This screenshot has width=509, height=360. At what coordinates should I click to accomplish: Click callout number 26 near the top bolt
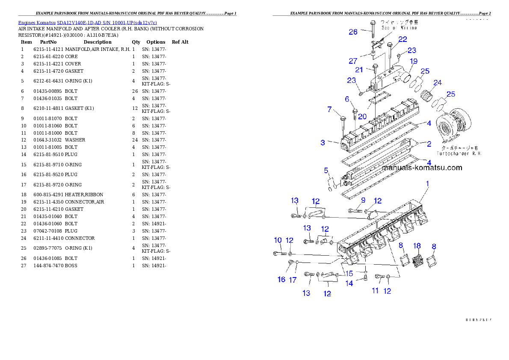(x=353, y=32)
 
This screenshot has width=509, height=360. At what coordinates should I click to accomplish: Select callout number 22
(x=403, y=39)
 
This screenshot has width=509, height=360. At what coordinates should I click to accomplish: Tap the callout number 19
(x=414, y=62)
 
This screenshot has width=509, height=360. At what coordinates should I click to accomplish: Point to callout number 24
(x=438, y=83)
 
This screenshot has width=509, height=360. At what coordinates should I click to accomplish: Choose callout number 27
(x=353, y=61)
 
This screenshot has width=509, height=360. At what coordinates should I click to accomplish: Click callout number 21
(x=359, y=70)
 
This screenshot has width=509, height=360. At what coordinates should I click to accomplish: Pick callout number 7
(x=330, y=109)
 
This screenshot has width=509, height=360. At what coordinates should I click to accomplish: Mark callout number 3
(x=323, y=142)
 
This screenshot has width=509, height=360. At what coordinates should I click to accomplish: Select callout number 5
(x=326, y=171)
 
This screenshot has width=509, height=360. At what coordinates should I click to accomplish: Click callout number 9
(x=363, y=200)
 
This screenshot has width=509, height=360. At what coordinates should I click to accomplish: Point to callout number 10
(x=278, y=240)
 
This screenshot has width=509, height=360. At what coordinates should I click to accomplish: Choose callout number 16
(x=281, y=279)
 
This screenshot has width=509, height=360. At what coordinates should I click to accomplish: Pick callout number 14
(x=349, y=283)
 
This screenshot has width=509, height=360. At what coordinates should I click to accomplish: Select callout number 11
(x=375, y=291)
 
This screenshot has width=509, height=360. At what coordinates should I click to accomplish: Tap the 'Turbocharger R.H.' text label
(x=459, y=153)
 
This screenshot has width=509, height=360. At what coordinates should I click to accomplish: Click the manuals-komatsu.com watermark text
(x=422, y=168)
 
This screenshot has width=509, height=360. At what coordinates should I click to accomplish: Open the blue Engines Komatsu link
(x=87, y=22)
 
